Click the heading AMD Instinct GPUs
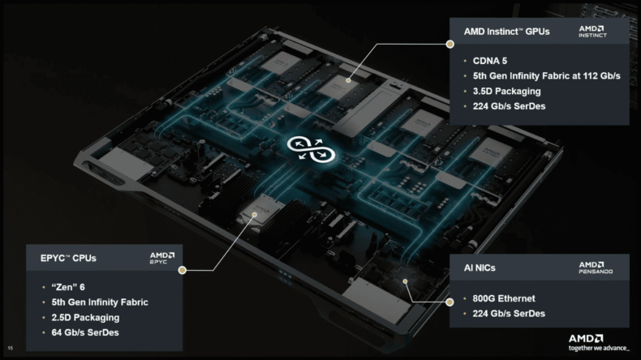(506, 32)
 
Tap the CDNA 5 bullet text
(490, 61)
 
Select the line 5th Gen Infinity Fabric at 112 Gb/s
(546, 76)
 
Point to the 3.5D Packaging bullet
(506, 91)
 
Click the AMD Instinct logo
(592, 32)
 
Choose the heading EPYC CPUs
(68, 259)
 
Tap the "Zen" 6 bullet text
(68, 287)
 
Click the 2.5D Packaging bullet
(85, 318)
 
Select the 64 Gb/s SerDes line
(85, 332)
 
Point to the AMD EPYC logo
(162, 259)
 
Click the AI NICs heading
(480, 268)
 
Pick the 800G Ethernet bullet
(504, 298)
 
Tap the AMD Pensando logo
(596, 268)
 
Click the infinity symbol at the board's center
(311, 149)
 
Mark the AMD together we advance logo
(599, 342)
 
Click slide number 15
(11, 348)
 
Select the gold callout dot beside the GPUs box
(450, 44)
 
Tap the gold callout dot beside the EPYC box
(183, 270)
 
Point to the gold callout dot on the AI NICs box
(450, 302)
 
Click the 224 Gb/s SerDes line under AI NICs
(509, 314)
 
